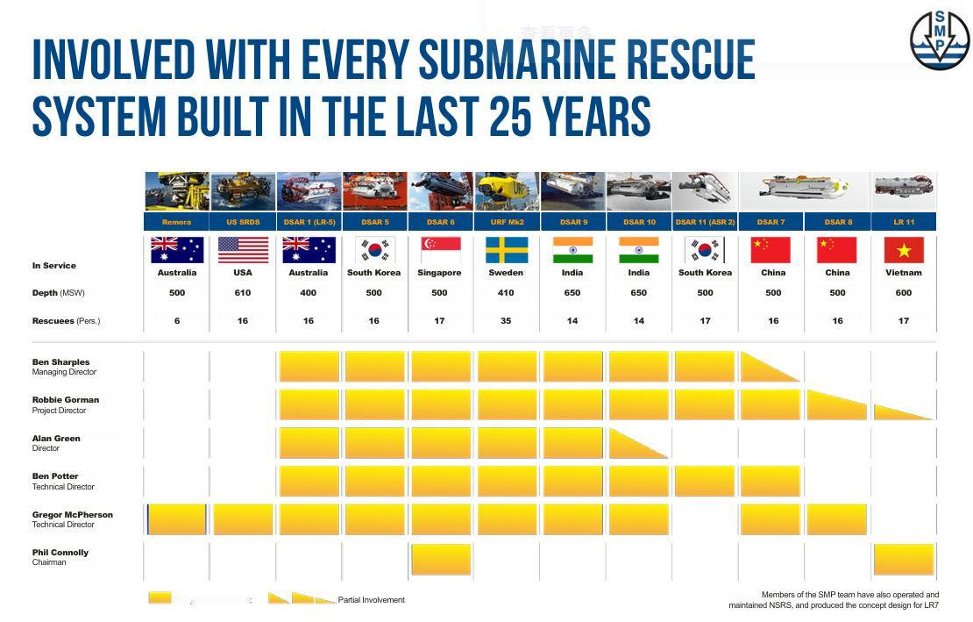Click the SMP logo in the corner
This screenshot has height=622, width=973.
[939, 39]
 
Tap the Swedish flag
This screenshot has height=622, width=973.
[507, 250]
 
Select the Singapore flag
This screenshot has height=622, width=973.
[440, 250]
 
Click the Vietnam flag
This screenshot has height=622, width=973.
[904, 250]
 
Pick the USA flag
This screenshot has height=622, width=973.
[243, 250]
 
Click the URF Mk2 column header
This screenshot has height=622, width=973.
[507, 222]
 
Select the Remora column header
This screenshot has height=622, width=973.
[176, 222]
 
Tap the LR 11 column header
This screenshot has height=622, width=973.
[904, 222]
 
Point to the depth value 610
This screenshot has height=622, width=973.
[243, 293]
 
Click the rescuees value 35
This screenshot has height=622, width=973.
[507, 321]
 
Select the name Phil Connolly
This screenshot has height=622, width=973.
[60, 553]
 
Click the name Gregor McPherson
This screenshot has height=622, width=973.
[73, 515]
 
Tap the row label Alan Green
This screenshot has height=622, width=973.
[56, 439]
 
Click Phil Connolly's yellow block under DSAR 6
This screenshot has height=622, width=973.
[441, 559]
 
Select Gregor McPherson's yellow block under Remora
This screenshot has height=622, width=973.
[177, 519]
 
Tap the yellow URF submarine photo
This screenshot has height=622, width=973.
[507, 191]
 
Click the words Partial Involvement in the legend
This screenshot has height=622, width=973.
[372, 600]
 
